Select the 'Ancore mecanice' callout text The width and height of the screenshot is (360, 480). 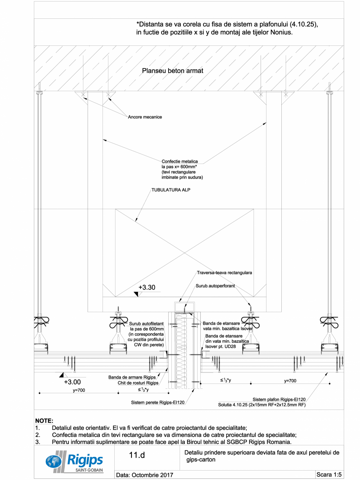145,117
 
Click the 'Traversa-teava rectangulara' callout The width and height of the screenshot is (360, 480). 224,272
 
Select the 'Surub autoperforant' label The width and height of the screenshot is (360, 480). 215,286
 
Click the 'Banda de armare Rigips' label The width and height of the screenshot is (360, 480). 133,377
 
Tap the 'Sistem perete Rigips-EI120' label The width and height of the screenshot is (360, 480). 158,402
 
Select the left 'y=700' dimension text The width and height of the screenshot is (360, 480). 80,390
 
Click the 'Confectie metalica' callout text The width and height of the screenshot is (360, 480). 180,161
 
